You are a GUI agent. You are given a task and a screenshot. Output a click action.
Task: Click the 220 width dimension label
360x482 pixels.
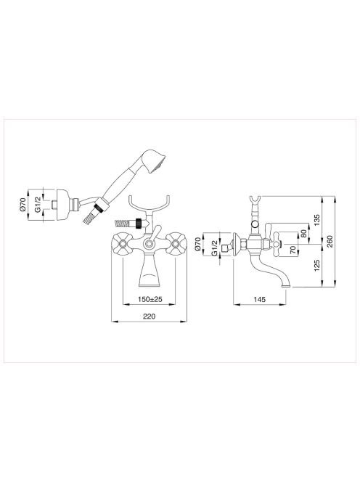click(x=150, y=316)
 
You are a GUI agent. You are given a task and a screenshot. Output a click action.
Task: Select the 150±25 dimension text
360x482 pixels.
click(x=150, y=299)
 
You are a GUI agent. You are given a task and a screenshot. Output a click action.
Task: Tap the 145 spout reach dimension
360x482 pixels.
click(x=260, y=299)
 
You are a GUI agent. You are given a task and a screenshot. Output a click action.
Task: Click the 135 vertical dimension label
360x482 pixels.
click(x=317, y=220)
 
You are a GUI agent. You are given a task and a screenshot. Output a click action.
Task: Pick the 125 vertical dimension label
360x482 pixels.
click(x=317, y=266)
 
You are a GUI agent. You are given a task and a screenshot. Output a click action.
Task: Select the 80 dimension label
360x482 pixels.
click(x=304, y=234)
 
